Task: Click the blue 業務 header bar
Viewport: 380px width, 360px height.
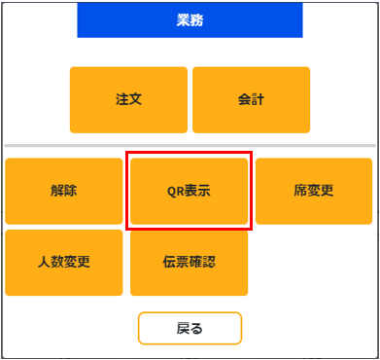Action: (190, 19)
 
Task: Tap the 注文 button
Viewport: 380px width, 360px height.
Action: (128, 99)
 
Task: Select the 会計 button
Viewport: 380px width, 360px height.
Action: (251, 99)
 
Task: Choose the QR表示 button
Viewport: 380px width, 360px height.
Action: (189, 191)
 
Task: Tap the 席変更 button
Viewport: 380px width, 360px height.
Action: (314, 191)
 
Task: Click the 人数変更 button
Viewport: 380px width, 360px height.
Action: (64, 263)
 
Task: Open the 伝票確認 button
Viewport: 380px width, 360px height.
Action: (189, 263)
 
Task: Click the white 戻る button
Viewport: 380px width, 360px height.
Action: (190, 329)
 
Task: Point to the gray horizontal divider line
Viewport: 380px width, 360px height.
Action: (190, 146)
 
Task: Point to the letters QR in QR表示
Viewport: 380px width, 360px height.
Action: (175, 191)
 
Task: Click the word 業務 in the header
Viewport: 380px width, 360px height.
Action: (190, 19)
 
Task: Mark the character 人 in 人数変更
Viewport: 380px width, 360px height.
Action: (44, 263)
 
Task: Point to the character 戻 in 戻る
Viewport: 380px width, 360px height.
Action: (183, 329)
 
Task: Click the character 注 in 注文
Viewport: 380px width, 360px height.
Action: (121, 99)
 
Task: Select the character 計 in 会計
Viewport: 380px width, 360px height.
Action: (258, 99)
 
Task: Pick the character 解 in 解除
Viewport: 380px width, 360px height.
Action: (57, 191)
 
